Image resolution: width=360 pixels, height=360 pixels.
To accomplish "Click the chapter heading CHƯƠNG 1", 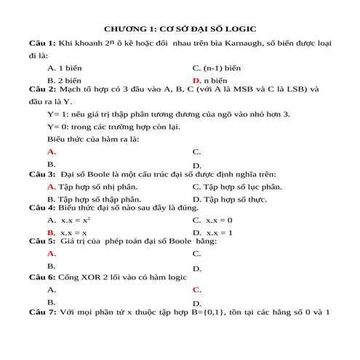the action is pyautogui.click(x=180, y=30).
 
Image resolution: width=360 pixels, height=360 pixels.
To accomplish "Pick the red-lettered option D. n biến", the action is pyautogui.click(x=211, y=80).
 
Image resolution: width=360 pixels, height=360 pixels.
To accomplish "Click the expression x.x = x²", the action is pyautogui.click(x=75, y=219).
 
